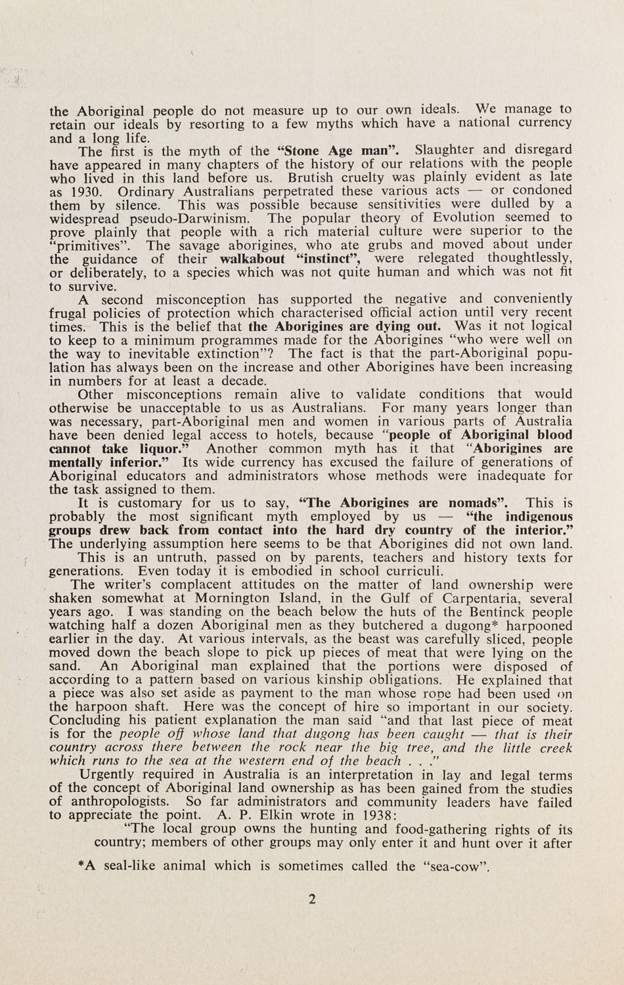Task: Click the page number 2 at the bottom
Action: (312, 900)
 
